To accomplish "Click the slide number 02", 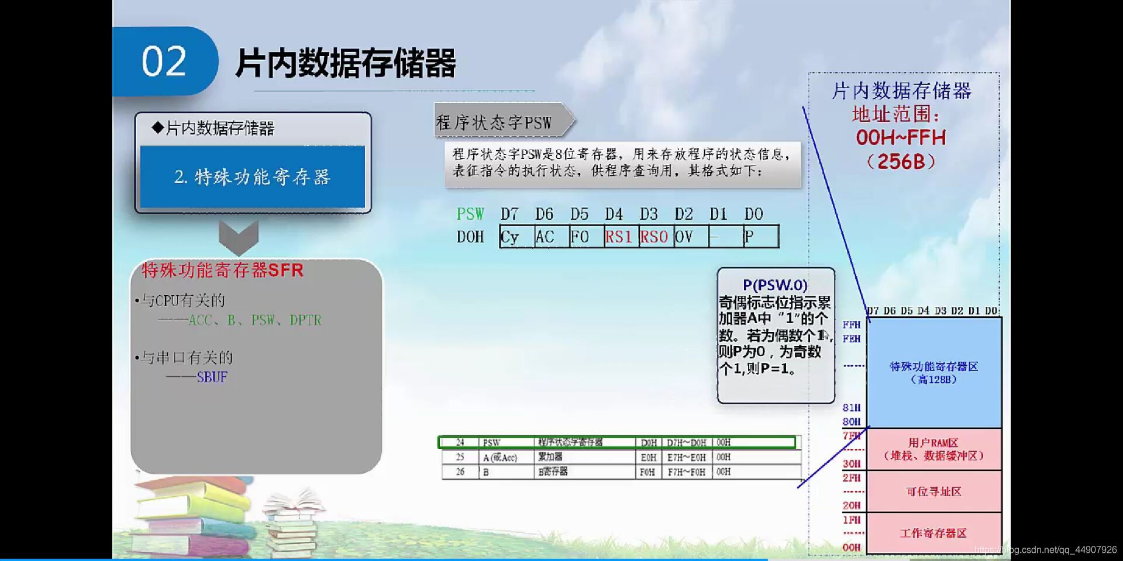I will pyautogui.click(x=164, y=61).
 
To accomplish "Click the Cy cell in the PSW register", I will pyautogui.click(x=516, y=237).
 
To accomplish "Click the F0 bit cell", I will pyautogui.click(x=585, y=237).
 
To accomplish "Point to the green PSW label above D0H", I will pyautogui.click(x=470, y=214).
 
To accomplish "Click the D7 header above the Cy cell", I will pyautogui.click(x=509, y=214).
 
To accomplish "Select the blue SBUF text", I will pyautogui.click(x=212, y=378).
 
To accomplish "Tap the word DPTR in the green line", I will pyautogui.click(x=305, y=320).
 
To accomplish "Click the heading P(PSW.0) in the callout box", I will pyautogui.click(x=775, y=285).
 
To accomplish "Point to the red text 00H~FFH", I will pyautogui.click(x=901, y=138).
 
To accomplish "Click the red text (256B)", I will pyautogui.click(x=901, y=161).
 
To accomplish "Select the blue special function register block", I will pyautogui.click(x=933, y=372).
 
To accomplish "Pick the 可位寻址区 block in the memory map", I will pyautogui.click(x=933, y=491).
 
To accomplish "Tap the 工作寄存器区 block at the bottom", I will pyautogui.click(x=933, y=533).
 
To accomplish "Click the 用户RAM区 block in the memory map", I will pyautogui.click(x=933, y=449).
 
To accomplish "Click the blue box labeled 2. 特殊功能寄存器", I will pyautogui.click(x=252, y=176).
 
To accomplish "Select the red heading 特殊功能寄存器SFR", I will pyautogui.click(x=222, y=271).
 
